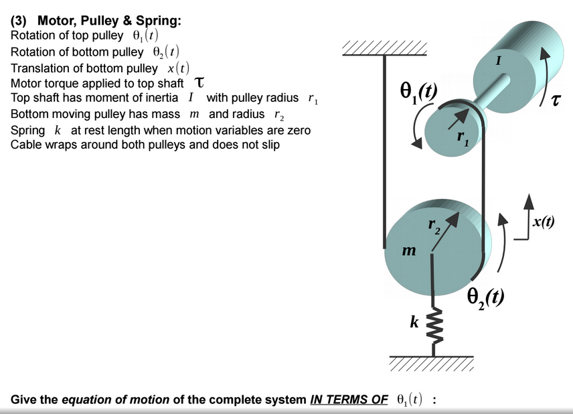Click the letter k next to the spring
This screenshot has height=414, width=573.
coord(414,322)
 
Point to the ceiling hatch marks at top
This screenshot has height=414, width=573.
coord(384,48)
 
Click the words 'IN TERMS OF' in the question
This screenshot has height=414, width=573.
coord(349,400)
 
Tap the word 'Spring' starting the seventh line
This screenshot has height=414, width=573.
coord(27,129)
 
